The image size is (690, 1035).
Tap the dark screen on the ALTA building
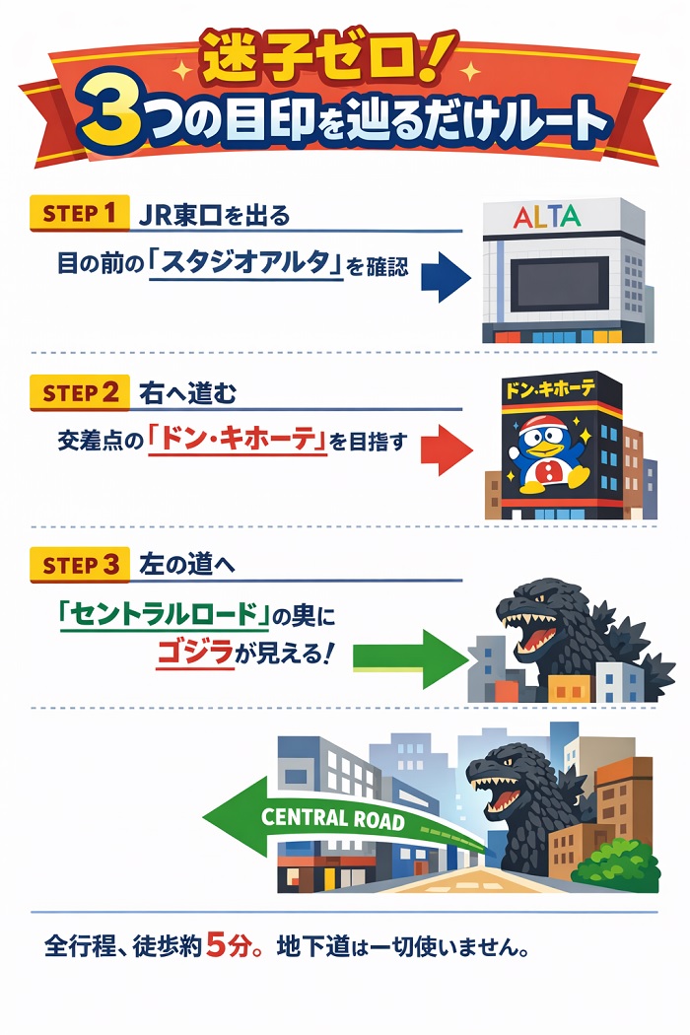coord(557,284)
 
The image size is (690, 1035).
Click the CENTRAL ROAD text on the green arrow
coord(333,819)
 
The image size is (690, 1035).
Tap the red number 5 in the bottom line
coord(218,947)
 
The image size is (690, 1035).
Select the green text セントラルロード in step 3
coord(165,616)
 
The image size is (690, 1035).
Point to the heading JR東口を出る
coord(216,214)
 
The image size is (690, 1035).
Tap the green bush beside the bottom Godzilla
coord(616,864)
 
